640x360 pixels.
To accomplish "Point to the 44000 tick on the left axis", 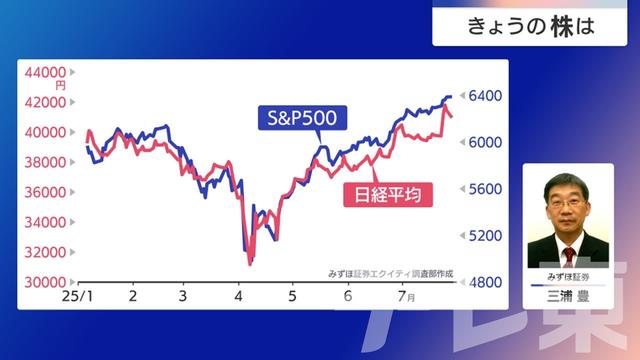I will click(x=44, y=73).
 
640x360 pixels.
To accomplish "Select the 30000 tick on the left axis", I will click(x=44, y=283).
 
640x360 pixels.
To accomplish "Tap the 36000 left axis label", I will click(x=44, y=192).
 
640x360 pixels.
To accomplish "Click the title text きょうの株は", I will click(x=531, y=26).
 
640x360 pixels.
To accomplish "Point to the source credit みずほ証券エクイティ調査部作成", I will click(x=391, y=272).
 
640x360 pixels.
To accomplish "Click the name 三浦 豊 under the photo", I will click(x=568, y=297).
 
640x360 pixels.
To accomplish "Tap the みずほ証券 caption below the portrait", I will click(x=568, y=274).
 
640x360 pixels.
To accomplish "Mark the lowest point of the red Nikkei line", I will click(x=249, y=264).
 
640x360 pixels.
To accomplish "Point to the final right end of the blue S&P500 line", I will click(x=451, y=96).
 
